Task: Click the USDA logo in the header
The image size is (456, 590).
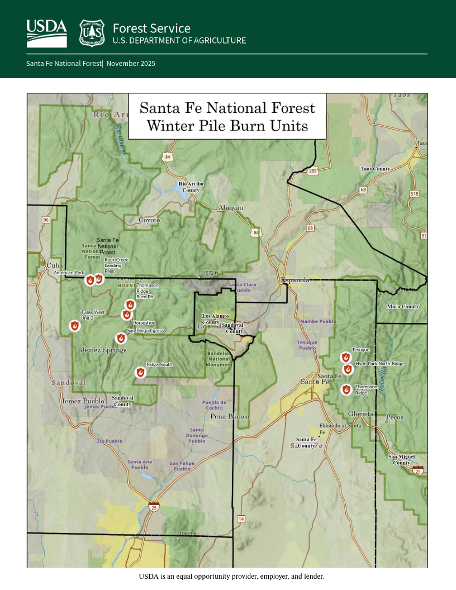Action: (46, 33)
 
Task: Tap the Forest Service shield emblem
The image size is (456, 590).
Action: (92, 33)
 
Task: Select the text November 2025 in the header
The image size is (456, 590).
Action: (131, 64)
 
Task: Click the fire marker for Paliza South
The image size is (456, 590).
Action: (140, 372)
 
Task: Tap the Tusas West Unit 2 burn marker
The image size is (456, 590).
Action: (74, 326)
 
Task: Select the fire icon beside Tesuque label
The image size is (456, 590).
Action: (345, 357)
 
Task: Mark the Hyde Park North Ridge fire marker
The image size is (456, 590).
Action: (348, 369)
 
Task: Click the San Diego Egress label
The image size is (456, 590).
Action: (146, 331)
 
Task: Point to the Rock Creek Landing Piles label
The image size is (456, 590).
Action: (117, 265)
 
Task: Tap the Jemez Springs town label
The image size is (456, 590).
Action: (103, 350)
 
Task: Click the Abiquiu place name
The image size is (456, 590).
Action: (231, 207)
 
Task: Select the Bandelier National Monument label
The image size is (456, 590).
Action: (219, 359)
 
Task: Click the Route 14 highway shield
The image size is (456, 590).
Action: (241, 519)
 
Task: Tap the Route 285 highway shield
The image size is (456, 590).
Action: (312, 170)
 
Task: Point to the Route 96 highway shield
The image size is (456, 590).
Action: (46, 220)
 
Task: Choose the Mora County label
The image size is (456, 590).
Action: (403, 307)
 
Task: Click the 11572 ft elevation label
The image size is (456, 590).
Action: (209, 274)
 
